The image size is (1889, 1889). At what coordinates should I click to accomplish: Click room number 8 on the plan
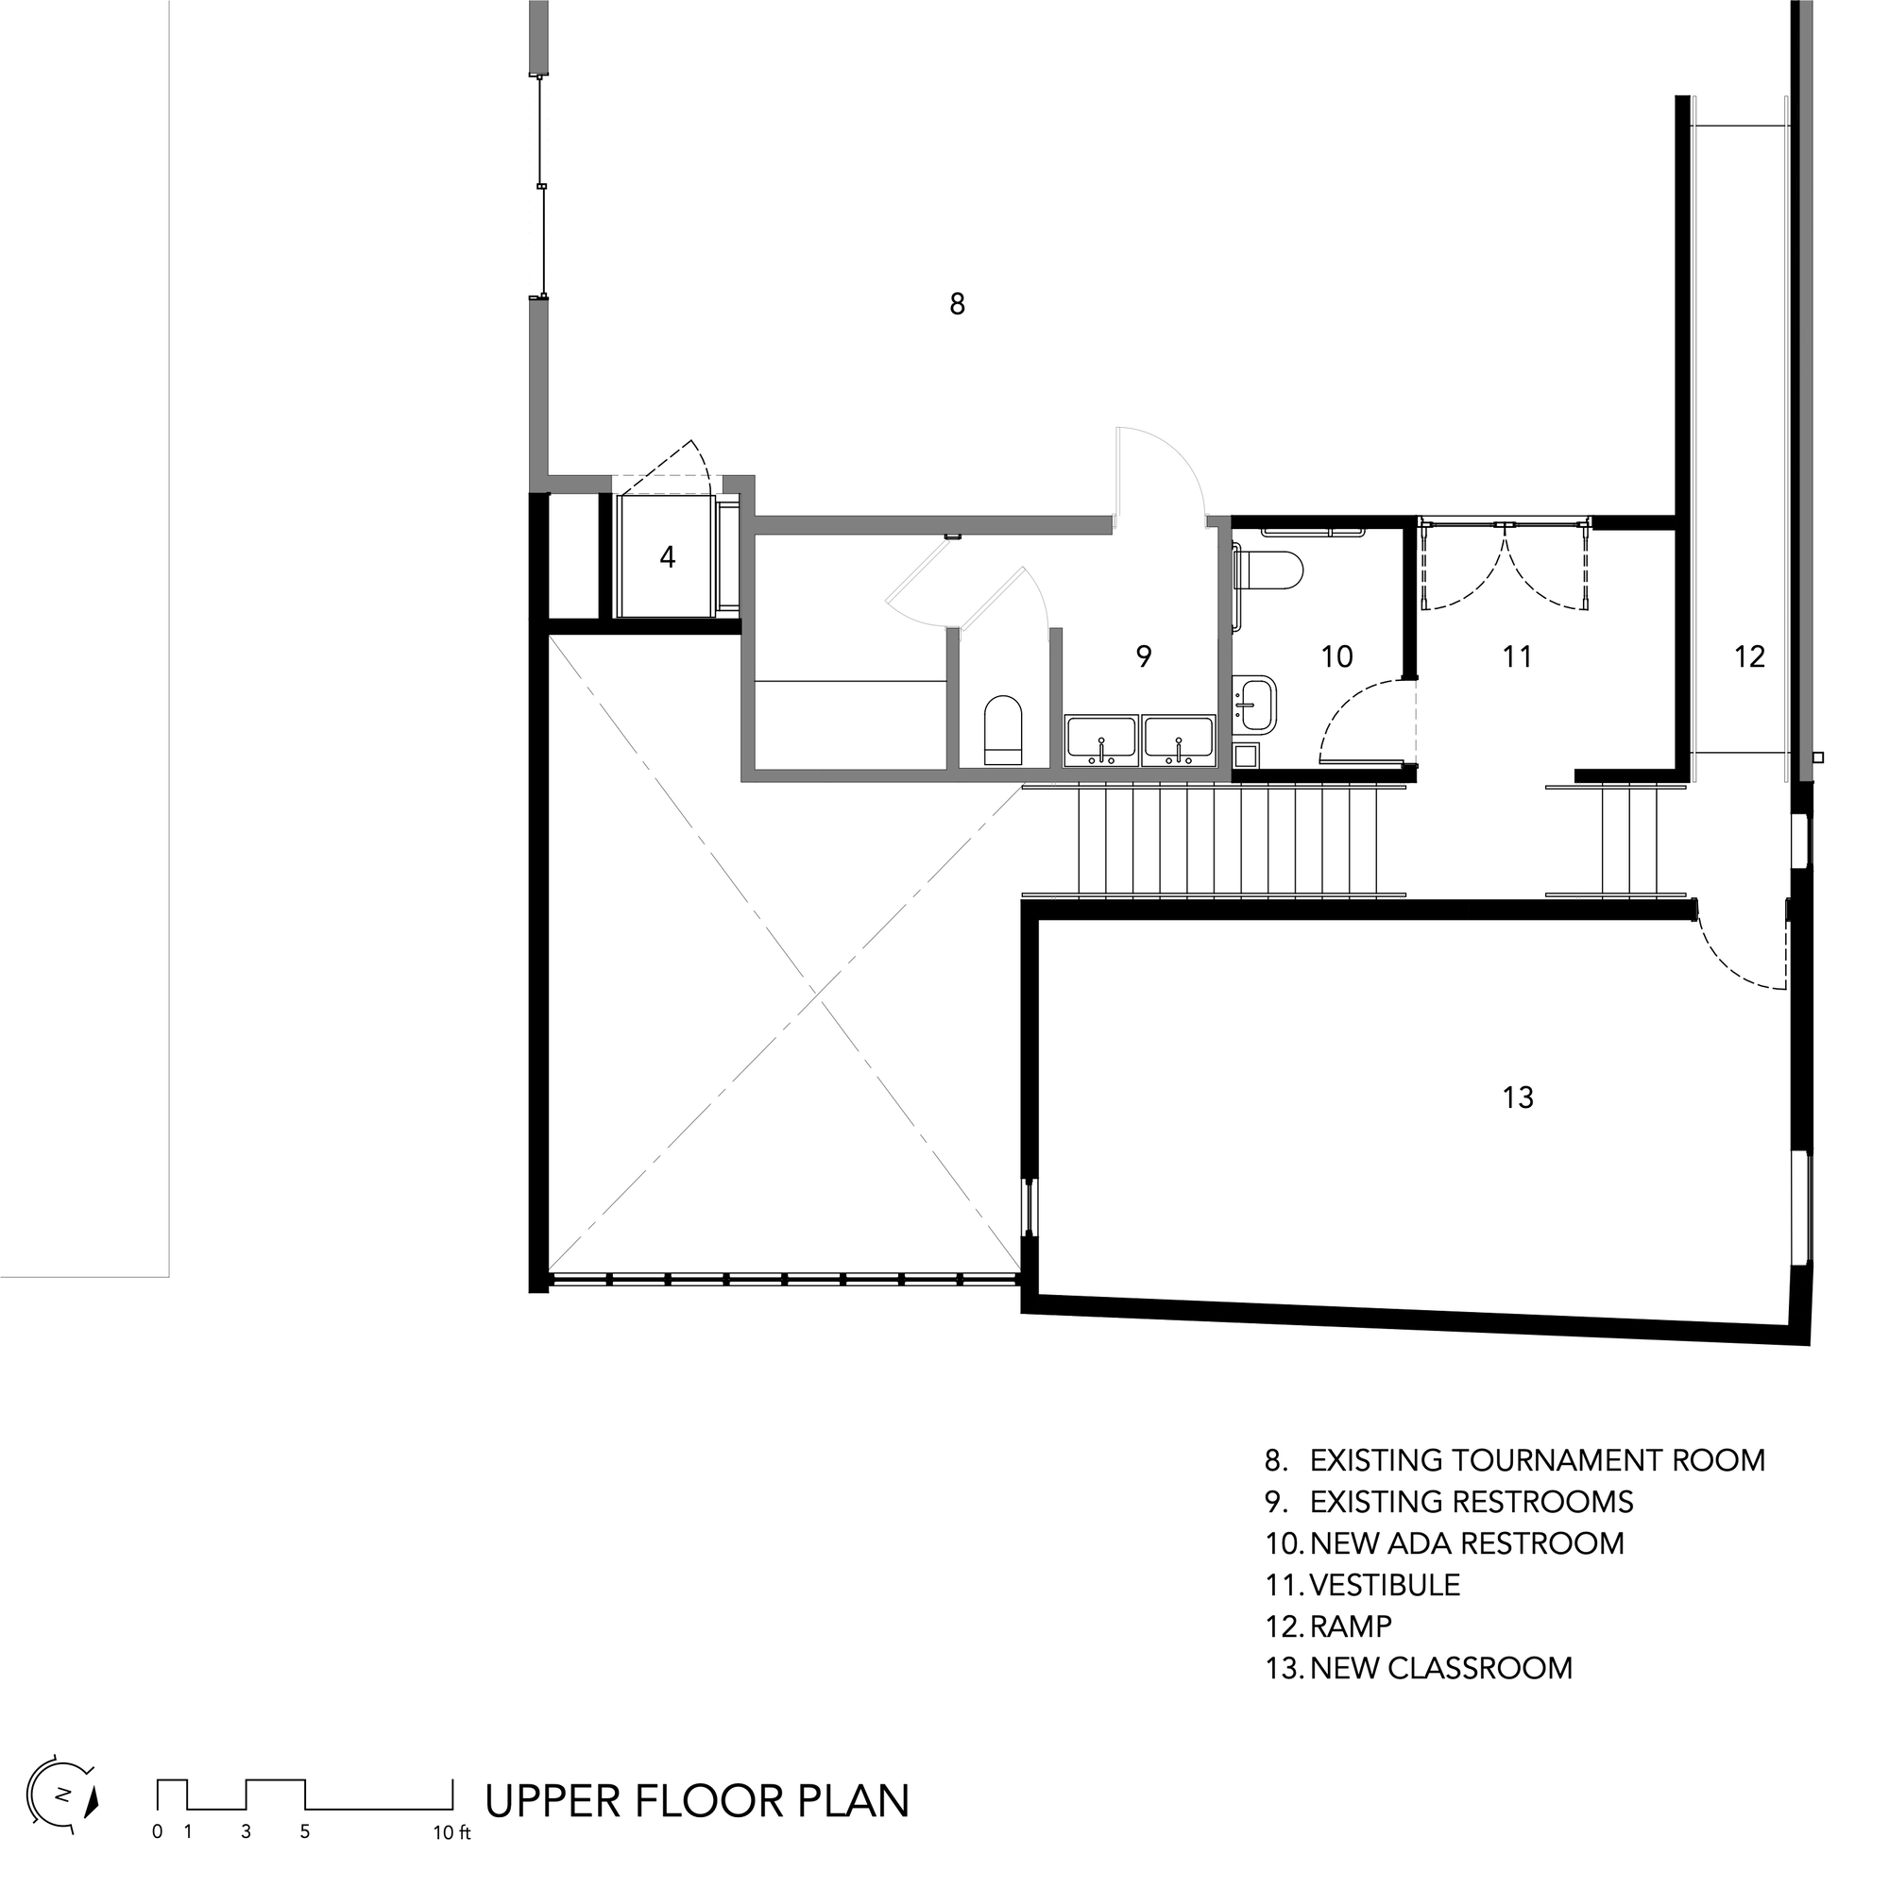[x=957, y=304]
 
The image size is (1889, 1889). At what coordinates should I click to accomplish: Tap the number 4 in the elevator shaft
[x=668, y=557]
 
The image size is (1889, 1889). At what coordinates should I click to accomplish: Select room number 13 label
[x=1518, y=1098]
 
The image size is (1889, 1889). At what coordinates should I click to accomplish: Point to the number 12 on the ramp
[x=1749, y=656]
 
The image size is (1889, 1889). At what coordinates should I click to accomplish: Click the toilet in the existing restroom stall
[x=1003, y=729]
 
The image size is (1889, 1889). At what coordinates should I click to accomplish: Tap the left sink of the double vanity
[x=1101, y=740]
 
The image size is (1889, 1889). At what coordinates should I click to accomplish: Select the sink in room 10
[x=1255, y=703]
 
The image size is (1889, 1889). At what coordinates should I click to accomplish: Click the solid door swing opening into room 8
[x=1161, y=469]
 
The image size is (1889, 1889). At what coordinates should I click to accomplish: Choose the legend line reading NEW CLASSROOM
[x=1441, y=1667]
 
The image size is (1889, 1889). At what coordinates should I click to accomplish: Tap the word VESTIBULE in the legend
[x=1385, y=1585]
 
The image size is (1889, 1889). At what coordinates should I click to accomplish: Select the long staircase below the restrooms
[x=1227, y=841]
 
